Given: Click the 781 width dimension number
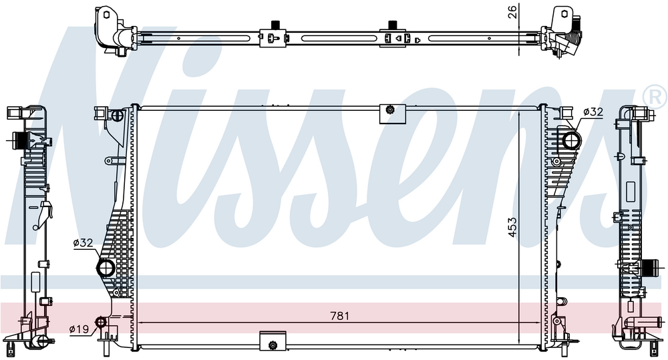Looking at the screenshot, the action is (339, 316).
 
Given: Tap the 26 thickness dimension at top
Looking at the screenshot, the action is (513, 11).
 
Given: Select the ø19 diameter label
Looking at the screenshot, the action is (79, 329).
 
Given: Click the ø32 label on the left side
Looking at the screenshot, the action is (83, 243).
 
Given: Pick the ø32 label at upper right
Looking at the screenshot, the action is (593, 112).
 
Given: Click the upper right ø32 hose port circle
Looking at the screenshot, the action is (572, 140).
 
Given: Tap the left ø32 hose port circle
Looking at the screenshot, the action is (106, 268).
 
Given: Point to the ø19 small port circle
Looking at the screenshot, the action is (101, 322).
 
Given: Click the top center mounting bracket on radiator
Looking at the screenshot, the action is (392, 114).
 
